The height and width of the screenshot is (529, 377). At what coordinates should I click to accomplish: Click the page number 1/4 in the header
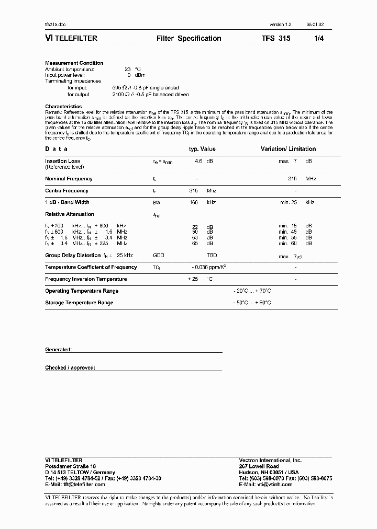click(x=319, y=39)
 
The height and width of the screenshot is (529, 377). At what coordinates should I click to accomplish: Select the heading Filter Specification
click(x=188, y=39)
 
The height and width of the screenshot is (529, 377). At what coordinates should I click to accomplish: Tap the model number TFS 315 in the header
click(x=276, y=39)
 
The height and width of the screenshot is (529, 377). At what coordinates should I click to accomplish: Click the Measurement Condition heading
click(x=74, y=63)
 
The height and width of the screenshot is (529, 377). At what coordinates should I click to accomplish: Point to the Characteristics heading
click(x=63, y=106)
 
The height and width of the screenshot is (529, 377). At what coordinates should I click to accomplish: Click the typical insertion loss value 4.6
click(x=198, y=162)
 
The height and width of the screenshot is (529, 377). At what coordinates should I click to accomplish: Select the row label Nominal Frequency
click(x=69, y=179)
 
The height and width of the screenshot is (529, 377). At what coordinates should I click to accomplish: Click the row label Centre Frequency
click(x=66, y=191)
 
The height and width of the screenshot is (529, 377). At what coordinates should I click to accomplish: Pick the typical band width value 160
click(x=194, y=202)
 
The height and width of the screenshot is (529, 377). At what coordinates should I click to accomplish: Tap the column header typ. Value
click(x=202, y=149)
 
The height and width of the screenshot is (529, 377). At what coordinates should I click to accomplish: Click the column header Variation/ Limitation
click(x=288, y=149)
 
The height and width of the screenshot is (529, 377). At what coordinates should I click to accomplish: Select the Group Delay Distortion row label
click(x=73, y=255)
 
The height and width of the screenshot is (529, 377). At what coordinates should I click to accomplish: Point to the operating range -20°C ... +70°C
click(x=252, y=291)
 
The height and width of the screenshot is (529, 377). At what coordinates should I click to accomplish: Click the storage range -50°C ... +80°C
click(x=252, y=303)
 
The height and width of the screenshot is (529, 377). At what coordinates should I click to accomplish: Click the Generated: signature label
click(x=58, y=349)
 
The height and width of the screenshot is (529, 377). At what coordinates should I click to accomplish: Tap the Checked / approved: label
click(x=70, y=367)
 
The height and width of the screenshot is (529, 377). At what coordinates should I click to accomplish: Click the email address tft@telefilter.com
click(x=75, y=485)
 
